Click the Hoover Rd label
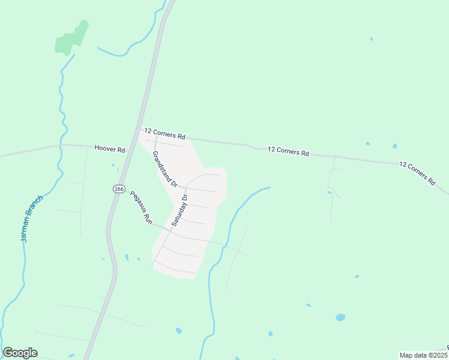109,149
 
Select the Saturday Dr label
179,210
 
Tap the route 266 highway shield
119,189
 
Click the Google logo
20,353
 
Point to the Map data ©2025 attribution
423,355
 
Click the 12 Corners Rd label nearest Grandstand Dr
164,133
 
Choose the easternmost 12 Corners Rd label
417,172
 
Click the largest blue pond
340,317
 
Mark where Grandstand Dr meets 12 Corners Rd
155,136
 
